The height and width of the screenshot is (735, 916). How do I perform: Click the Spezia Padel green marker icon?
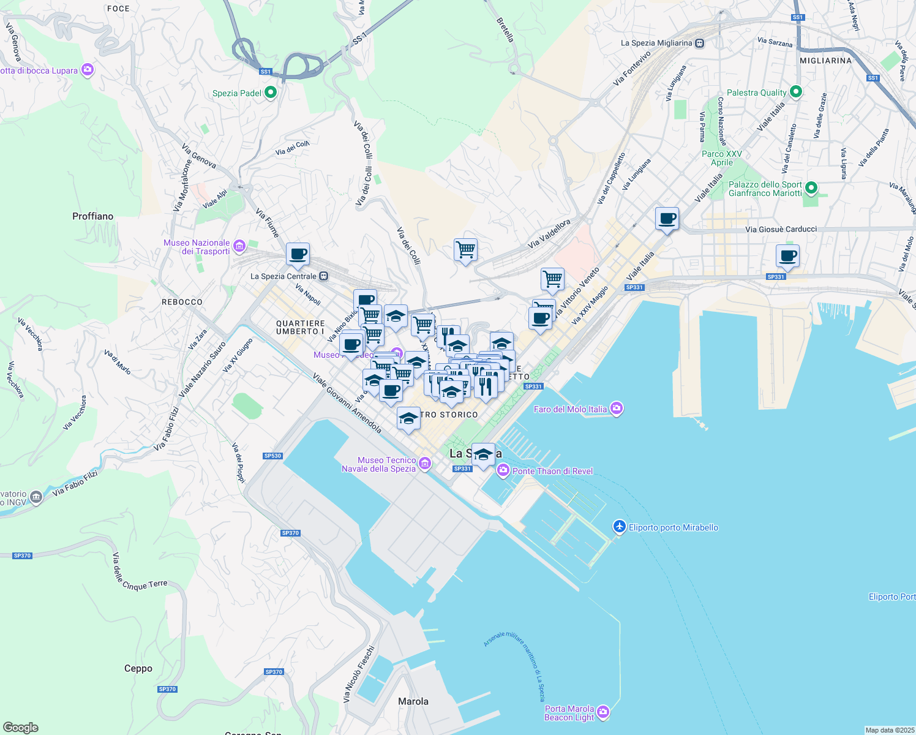click(270, 93)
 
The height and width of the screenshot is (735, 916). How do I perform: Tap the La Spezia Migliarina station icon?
click(700, 43)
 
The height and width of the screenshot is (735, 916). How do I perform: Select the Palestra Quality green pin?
click(795, 92)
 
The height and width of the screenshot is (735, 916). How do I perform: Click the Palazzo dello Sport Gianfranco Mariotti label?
click(765, 189)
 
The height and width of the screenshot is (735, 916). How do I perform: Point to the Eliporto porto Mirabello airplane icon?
click(619, 527)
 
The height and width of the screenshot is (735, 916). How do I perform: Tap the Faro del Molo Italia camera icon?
click(617, 409)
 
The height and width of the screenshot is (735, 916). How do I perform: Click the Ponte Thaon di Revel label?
click(552, 471)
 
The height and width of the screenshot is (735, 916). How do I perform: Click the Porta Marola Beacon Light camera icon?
click(603, 712)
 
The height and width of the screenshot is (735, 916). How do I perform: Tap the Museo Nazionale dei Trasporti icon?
click(239, 247)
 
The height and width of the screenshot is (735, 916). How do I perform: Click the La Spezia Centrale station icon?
click(324, 276)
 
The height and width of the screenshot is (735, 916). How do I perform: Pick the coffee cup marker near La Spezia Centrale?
click(298, 254)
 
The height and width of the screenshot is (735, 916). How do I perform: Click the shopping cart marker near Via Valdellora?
click(465, 250)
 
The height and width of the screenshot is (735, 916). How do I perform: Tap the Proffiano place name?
click(93, 216)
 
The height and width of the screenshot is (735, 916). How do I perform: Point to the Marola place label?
click(413, 701)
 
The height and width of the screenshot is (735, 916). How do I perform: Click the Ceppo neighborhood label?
click(138, 668)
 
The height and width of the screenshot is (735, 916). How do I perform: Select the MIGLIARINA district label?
click(825, 61)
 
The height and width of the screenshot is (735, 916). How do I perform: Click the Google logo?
click(21, 727)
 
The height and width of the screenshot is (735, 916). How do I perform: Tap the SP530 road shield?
click(272, 456)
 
